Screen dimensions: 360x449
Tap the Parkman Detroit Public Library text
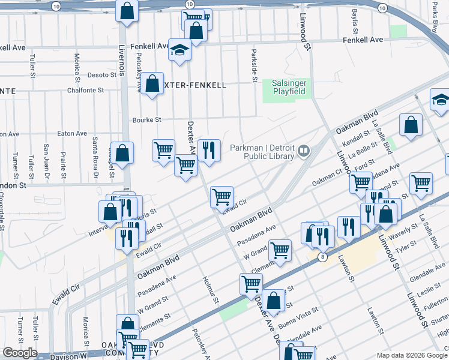[x=265, y=151]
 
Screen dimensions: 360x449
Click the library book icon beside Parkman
[x=304, y=151]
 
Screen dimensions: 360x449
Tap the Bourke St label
[x=147, y=120]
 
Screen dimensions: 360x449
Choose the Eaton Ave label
[x=72, y=134]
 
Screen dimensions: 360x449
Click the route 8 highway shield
[x=323, y=257]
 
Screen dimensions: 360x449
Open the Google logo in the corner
[x=20, y=353]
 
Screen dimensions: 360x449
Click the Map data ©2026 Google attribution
[x=412, y=355]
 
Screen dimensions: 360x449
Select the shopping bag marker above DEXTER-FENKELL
[x=152, y=83]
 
